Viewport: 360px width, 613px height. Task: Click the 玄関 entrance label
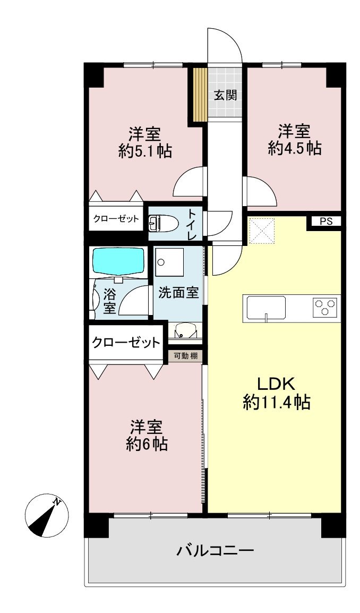[226, 95]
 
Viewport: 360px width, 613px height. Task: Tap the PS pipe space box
[326, 222]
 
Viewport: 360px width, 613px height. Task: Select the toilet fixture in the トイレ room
[164, 223]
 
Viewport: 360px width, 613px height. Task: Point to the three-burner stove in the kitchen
[325, 306]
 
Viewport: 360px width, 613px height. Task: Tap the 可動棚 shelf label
[186, 356]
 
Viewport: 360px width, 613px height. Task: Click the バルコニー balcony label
[216, 551]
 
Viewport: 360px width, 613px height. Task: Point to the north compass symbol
[47, 515]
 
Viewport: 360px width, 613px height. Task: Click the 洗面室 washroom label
[178, 293]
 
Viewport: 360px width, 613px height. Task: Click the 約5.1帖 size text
[145, 150]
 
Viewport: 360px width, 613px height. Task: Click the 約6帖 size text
[147, 444]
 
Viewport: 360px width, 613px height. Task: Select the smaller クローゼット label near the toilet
[116, 218]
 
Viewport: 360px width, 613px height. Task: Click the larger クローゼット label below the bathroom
[126, 343]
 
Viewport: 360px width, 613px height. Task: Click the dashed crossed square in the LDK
[262, 231]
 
